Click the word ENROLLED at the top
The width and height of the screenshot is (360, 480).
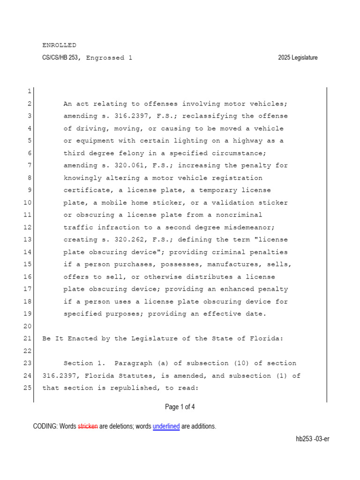[59, 45]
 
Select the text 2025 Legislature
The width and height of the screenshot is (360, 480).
[298, 58]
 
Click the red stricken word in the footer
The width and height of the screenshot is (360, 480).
[88, 427]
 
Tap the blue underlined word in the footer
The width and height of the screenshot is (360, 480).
[166, 427]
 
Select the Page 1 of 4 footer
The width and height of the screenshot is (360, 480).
[180, 407]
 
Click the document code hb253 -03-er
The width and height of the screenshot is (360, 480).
[312, 439]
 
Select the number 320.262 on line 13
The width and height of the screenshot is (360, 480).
[127, 240]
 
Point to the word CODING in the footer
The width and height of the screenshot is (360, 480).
[45, 427]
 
